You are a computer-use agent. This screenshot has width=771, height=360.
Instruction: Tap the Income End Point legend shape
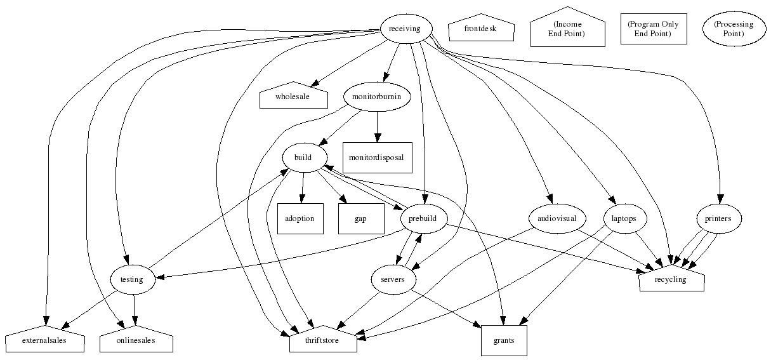(x=567, y=29)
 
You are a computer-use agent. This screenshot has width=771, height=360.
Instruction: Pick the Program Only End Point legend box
(x=653, y=29)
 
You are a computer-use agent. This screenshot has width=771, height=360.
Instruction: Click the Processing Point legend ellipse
(x=733, y=29)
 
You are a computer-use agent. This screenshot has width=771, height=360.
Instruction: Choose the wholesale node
(x=293, y=97)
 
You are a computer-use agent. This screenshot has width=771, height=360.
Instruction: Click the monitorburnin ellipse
(x=377, y=97)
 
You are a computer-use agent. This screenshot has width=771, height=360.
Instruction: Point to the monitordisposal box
(x=377, y=157)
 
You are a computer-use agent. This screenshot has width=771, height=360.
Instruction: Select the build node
(x=303, y=157)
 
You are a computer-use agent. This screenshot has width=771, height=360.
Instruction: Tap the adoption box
(x=300, y=218)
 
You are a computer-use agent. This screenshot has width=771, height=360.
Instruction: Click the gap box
(x=360, y=218)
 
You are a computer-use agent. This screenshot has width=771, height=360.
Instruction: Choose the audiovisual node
(x=552, y=218)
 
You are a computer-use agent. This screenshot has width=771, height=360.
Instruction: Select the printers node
(x=718, y=218)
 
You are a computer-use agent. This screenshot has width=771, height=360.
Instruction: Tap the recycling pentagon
(x=671, y=280)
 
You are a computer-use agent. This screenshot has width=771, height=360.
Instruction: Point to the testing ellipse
(x=132, y=279)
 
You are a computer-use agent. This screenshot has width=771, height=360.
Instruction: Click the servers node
(x=393, y=279)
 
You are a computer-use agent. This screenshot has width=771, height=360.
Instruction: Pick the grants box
(x=504, y=341)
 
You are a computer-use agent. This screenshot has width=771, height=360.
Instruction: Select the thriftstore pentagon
(x=323, y=342)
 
